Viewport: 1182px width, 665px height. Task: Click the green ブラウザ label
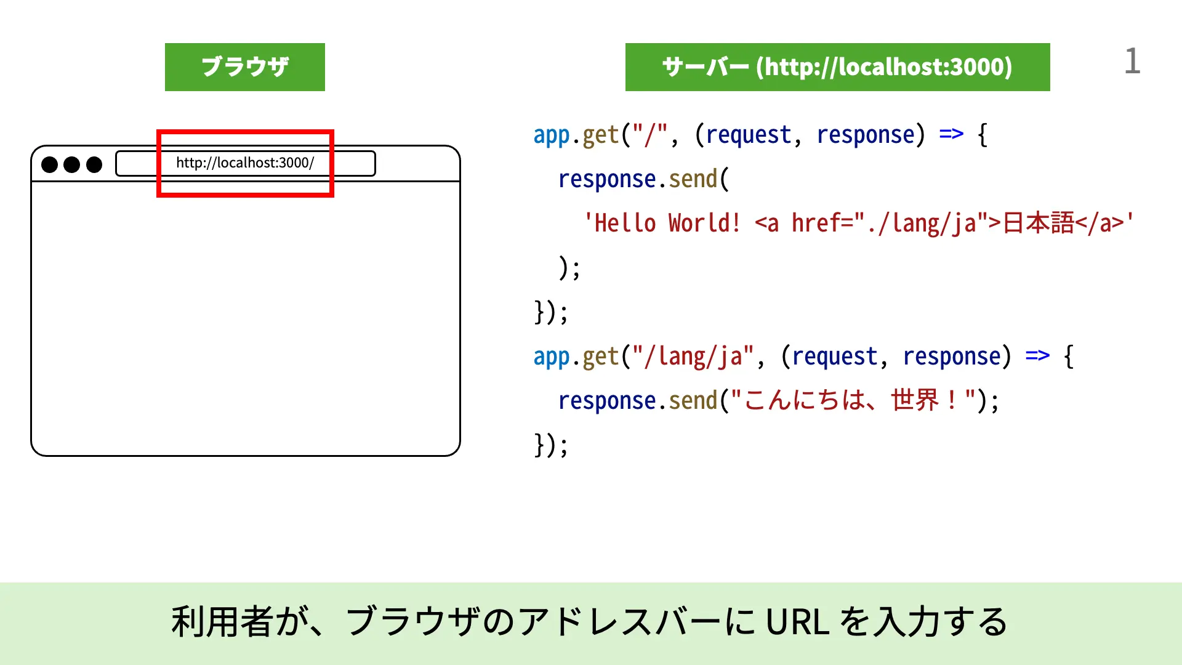point(245,67)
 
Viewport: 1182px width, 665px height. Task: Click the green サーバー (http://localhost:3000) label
point(837,67)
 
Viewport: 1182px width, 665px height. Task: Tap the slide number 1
point(1132,62)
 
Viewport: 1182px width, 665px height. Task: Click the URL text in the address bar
point(245,163)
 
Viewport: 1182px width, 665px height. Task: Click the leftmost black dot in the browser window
point(49,164)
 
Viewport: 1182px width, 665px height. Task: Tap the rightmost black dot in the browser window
point(94,164)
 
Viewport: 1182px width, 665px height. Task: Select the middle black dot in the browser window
point(72,164)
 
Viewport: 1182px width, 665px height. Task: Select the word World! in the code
point(704,223)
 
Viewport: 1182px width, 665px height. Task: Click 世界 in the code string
point(915,401)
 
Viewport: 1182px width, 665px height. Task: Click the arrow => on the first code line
point(951,134)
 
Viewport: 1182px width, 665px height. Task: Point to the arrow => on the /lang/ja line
point(1037,355)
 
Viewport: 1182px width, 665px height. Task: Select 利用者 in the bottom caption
point(222,622)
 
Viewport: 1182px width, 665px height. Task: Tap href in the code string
point(816,223)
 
